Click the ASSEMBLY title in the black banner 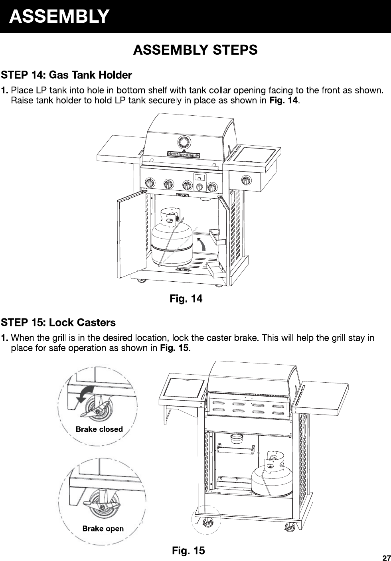tap(59, 16)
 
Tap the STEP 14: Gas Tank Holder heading tap(66, 75)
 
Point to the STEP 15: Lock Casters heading tap(58, 322)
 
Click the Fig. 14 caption tap(186, 298)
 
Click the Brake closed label tap(99, 429)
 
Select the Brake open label tap(103, 528)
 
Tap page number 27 tap(387, 558)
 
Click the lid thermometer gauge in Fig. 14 tap(184, 142)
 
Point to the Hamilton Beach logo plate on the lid tap(184, 155)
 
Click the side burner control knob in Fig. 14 tap(246, 180)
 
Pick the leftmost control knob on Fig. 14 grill tap(150, 183)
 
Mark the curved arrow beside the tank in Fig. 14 tap(202, 244)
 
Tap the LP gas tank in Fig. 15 tap(272, 474)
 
